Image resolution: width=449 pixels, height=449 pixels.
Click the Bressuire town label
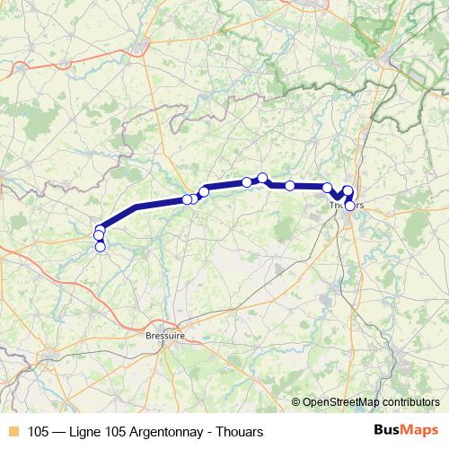(x=164, y=336)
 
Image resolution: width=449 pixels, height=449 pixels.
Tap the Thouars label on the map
(x=347, y=205)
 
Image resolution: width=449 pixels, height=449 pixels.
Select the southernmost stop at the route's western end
(x=100, y=246)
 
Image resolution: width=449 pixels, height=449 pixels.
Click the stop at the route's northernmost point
(x=262, y=178)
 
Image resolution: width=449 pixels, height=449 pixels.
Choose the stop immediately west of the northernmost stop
(x=247, y=182)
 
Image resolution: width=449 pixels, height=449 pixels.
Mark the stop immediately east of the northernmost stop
(x=290, y=186)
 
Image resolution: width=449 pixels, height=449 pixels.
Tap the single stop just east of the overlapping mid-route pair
(x=204, y=191)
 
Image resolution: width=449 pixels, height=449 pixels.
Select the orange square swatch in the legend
(x=12, y=430)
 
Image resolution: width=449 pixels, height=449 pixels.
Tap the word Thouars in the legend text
(x=226, y=430)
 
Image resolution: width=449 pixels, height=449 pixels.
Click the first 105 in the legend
(x=39, y=430)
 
